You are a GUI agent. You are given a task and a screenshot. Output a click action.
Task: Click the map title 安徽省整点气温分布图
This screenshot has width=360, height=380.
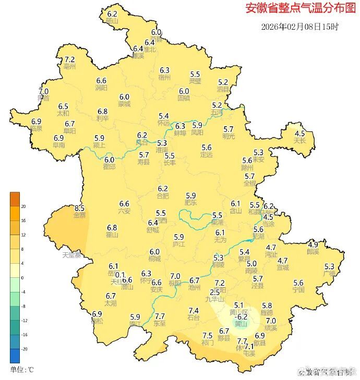tap(297, 9)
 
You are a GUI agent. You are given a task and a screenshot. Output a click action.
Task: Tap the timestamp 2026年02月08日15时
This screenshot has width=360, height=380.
tap(299, 27)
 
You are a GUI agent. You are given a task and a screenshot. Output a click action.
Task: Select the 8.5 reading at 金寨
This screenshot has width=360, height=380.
tap(79, 208)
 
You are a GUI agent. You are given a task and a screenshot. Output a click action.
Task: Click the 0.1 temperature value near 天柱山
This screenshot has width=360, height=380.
tap(120, 275)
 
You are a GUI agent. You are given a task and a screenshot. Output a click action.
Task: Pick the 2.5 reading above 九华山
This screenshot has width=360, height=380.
tap(214, 292)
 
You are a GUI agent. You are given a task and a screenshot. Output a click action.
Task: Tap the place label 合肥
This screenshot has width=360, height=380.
tap(163, 196)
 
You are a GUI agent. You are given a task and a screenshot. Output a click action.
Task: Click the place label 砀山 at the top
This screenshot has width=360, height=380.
tap(112, 21)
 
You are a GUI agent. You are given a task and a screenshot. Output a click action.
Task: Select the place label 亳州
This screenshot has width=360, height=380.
tap(70, 67)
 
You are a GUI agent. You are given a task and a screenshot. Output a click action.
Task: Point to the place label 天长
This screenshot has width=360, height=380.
tap(299, 141)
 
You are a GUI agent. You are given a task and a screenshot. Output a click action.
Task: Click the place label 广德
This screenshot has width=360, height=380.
tap(329, 274)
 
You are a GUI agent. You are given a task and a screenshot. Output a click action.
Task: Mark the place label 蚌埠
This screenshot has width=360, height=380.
tap(181, 133)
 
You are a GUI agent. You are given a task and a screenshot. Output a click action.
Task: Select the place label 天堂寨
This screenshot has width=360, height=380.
tap(72, 255)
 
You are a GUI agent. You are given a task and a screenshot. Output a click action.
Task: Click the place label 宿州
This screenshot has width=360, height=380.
tap(165, 77)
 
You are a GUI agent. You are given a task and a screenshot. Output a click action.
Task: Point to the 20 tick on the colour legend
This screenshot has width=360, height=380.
tap(23, 206)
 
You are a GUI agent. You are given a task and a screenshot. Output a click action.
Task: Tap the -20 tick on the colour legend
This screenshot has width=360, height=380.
tap(23, 349)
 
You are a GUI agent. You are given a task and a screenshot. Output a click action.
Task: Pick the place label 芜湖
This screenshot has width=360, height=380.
tap(258, 237)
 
